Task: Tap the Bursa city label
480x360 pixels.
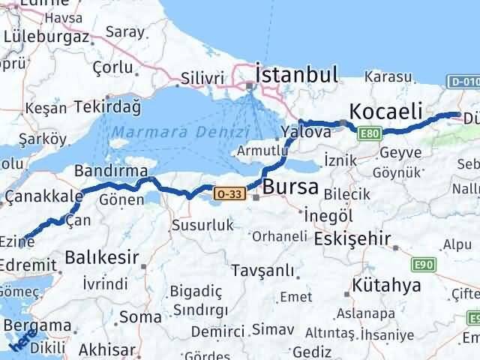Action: (x=291, y=185)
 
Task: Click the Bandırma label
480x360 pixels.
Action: (x=111, y=171)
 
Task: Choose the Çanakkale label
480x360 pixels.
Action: (x=43, y=196)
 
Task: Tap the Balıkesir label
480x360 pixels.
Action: (x=101, y=259)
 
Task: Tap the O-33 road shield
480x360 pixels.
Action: (x=229, y=193)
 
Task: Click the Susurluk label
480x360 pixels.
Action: (x=202, y=224)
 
